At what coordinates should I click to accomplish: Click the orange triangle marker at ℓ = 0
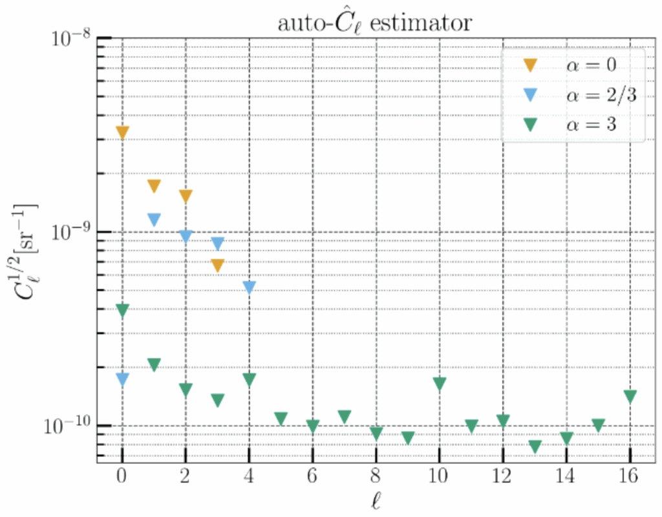(122, 132)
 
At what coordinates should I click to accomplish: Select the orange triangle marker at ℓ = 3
(217, 265)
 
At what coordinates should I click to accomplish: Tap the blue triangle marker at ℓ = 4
(249, 287)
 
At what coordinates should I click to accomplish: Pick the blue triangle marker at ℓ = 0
(122, 379)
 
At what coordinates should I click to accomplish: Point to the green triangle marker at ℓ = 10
(440, 384)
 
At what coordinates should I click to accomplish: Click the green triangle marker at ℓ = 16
(630, 396)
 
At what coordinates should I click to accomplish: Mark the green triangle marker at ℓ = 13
(535, 446)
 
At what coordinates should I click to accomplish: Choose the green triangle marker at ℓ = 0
(122, 310)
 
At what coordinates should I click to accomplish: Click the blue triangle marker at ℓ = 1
(154, 220)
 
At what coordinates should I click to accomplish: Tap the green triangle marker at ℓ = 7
(344, 417)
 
